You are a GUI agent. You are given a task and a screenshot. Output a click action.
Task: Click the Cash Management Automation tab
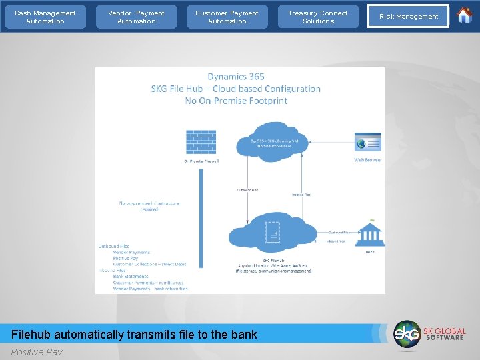click(45, 17)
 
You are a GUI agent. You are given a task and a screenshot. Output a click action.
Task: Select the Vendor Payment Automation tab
click(136, 17)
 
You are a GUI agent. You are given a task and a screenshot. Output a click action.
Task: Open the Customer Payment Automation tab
click(227, 17)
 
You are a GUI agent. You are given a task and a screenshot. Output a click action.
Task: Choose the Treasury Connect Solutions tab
click(318, 17)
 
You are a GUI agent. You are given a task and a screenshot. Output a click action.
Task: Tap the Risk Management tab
click(409, 17)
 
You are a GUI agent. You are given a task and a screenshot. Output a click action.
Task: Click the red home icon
click(464, 15)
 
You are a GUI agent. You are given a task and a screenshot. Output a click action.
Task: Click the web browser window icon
click(368, 143)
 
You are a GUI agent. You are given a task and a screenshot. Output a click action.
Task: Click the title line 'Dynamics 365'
click(236, 77)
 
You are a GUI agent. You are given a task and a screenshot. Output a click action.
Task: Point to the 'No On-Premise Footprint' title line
click(236, 101)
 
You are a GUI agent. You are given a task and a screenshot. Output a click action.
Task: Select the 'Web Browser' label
click(368, 160)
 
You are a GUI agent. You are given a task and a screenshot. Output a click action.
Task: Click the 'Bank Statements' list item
click(131, 276)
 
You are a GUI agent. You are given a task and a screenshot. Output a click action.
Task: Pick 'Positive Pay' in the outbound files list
click(125, 258)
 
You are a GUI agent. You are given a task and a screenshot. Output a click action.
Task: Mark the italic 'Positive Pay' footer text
click(37, 352)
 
